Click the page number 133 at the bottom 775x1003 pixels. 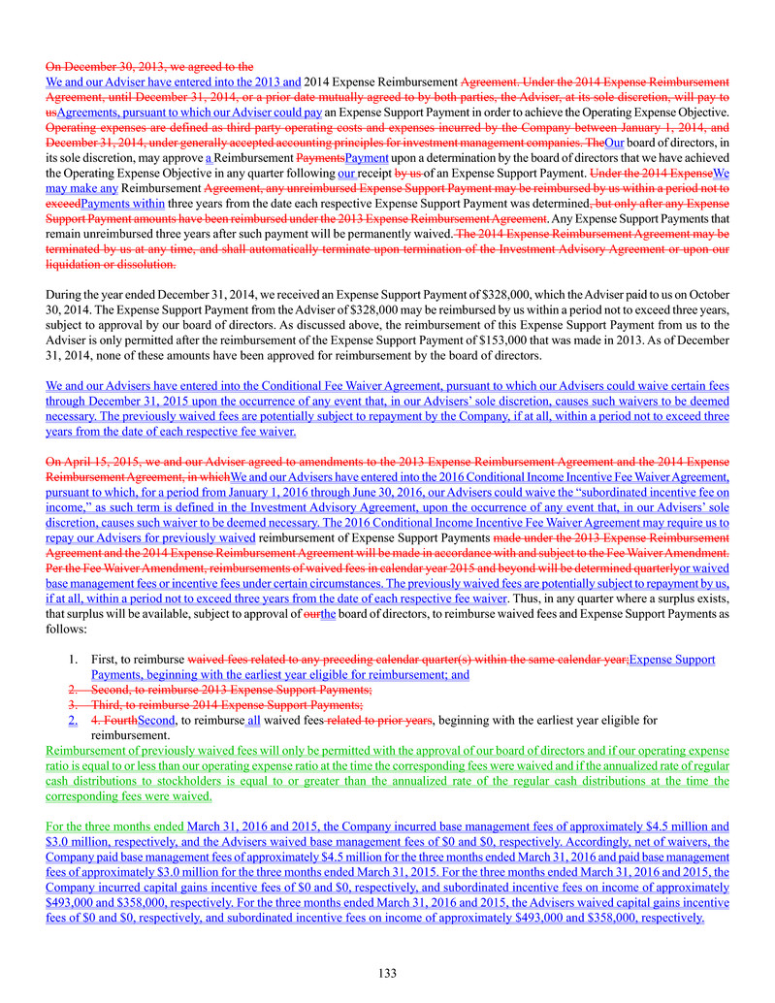click(387, 973)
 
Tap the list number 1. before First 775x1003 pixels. click(74, 659)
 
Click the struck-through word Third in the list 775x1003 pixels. click(110, 704)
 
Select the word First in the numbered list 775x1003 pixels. click(105, 659)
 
